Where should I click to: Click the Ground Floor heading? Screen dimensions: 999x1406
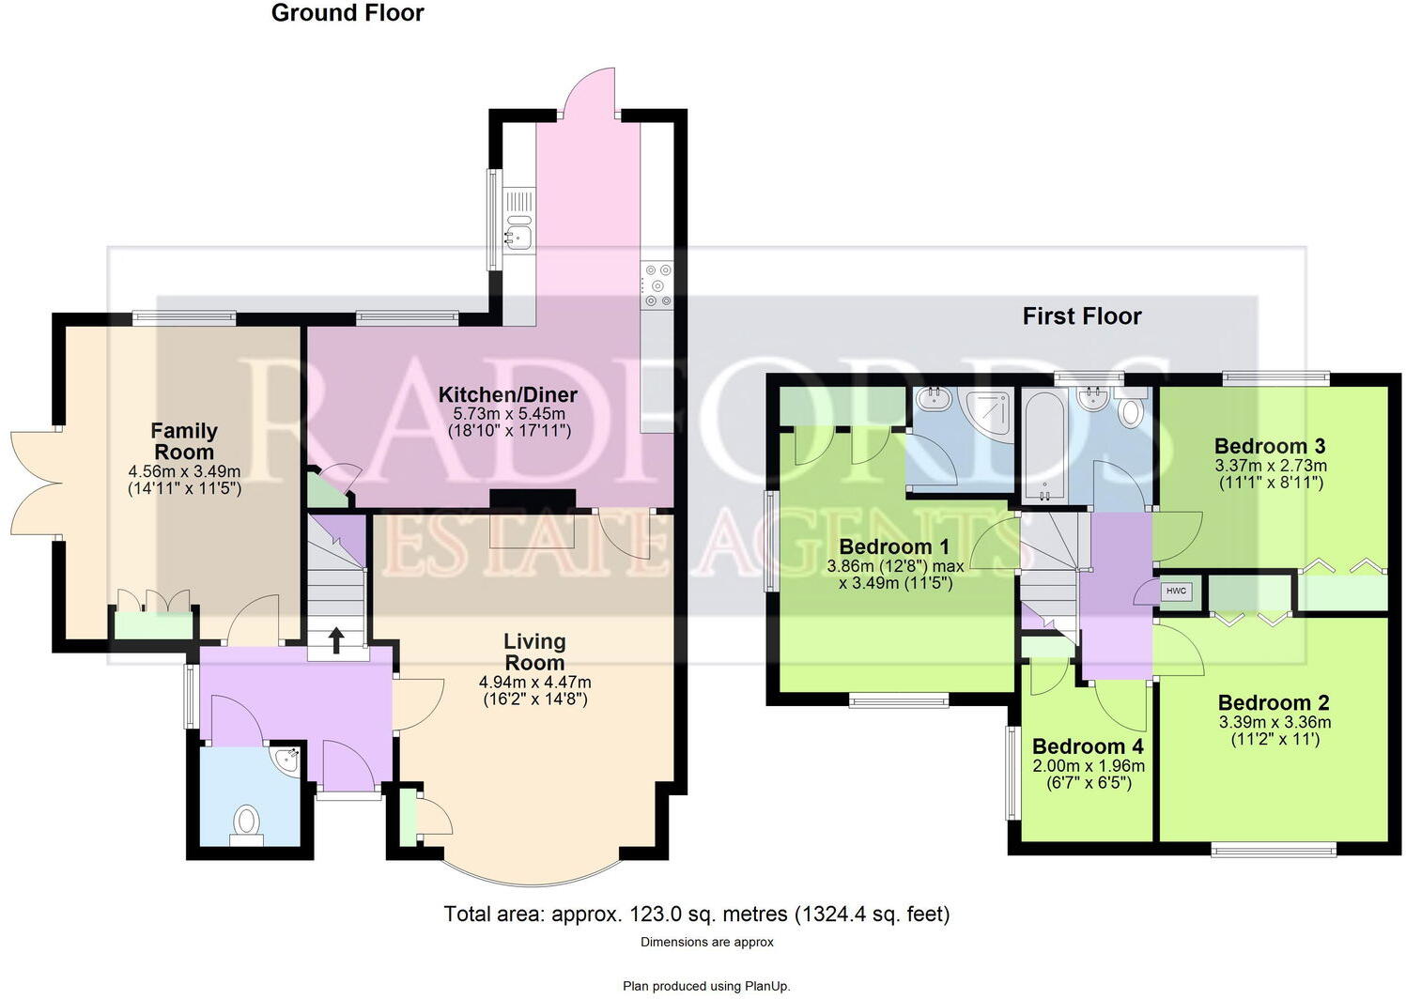(x=348, y=13)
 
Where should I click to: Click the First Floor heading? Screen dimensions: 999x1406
(x=1081, y=316)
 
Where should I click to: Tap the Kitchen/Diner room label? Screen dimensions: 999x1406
(x=507, y=394)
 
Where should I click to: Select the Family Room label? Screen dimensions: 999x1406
(x=184, y=441)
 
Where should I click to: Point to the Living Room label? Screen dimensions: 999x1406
(x=534, y=652)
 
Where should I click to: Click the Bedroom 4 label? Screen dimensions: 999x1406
(x=1088, y=746)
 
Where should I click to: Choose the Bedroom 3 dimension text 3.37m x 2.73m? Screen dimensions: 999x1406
(x=1270, y=466)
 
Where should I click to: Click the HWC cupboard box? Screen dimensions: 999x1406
(x=1176, y=592)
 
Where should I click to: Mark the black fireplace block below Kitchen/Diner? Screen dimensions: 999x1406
(x=533, y=500)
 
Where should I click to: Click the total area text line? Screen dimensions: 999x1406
(x=696, y=914)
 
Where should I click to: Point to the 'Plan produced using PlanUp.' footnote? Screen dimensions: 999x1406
(x=706, y=986)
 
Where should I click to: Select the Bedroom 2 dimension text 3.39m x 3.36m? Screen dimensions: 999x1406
(x=1274, y=722)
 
